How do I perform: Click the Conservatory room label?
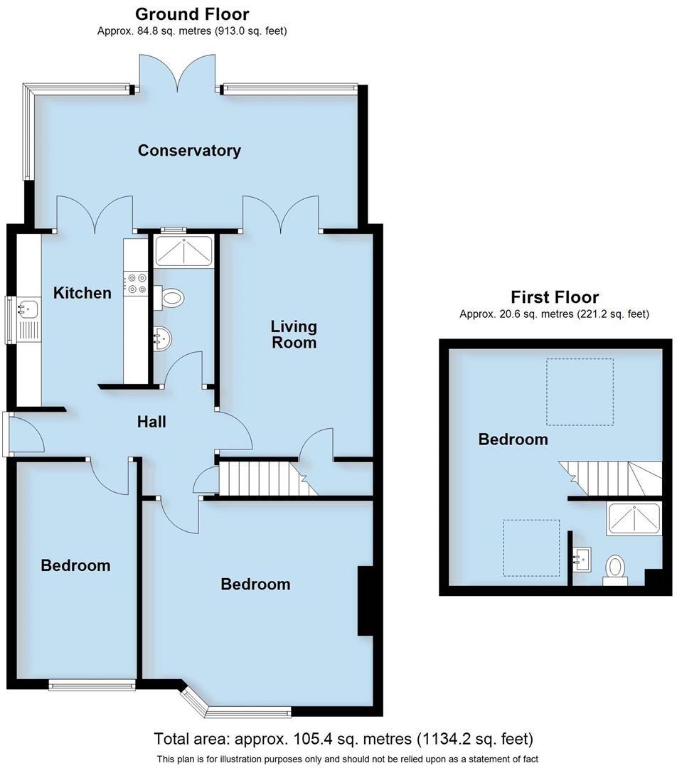pyautogui.click(x=189, y=151)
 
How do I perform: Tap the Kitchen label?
pyautogui.click(x=82, y=293)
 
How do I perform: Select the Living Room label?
pyautogui.click(x=293, y=334)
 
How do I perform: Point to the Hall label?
pyautogui.click(x=151, y=422)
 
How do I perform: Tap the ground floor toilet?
pyautogui.click(x=171, y=297)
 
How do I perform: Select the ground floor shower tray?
pyautogui.click(x=183, y=252)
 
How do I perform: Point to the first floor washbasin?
pyautogui.click(x=583, y=560)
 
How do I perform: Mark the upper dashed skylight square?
pyautogui.click(x=579, y=392)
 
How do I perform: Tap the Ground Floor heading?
pyautogui.click(x=192, y=14)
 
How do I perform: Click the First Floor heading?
pyautogui.click(x=555, y=297)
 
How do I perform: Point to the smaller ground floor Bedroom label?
pyautogui.click(x=75, y=566)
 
